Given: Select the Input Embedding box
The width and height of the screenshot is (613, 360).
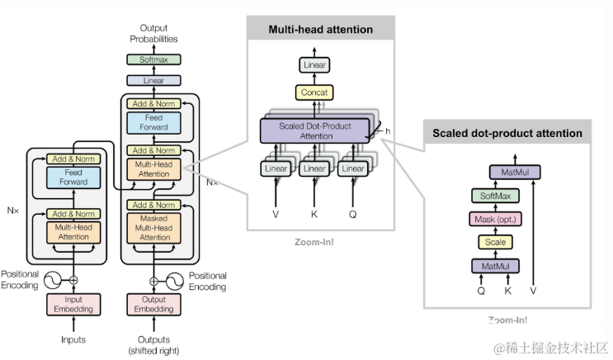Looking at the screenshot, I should pos(73,304).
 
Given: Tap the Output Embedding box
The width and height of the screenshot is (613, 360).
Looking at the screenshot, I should pos(153,304).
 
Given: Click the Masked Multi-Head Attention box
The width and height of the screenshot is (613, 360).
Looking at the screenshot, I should pos(153,227).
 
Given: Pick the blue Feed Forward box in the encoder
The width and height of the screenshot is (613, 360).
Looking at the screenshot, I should pos(73,178).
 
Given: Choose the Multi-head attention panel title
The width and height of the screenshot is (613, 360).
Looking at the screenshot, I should pos(321,30).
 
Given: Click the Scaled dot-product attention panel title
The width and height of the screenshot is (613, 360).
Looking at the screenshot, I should pos(507,133).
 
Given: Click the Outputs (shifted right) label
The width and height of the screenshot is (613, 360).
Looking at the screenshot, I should pos(153,344).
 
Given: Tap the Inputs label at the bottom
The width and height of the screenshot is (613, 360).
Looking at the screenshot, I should pos(73,339).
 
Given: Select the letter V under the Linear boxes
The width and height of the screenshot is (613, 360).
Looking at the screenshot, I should pos(276,214).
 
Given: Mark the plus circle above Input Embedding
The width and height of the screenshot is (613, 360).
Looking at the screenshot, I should pos(73,280).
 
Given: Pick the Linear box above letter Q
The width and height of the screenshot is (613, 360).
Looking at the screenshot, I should pos(353,168).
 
